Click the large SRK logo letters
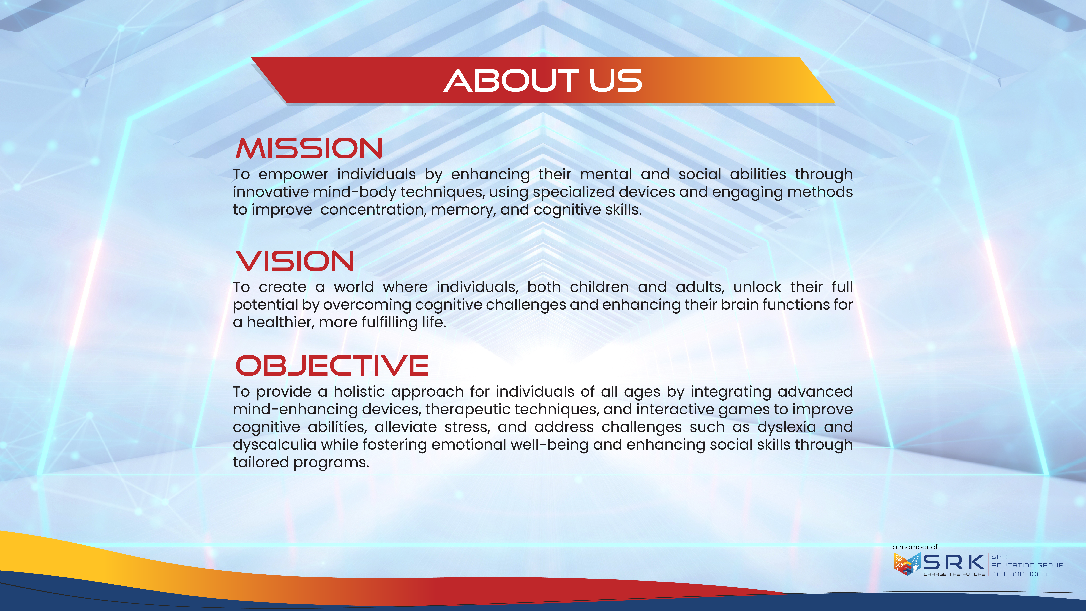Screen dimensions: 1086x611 tap(954, 562)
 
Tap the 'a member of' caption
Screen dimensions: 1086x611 tap(915, 547)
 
